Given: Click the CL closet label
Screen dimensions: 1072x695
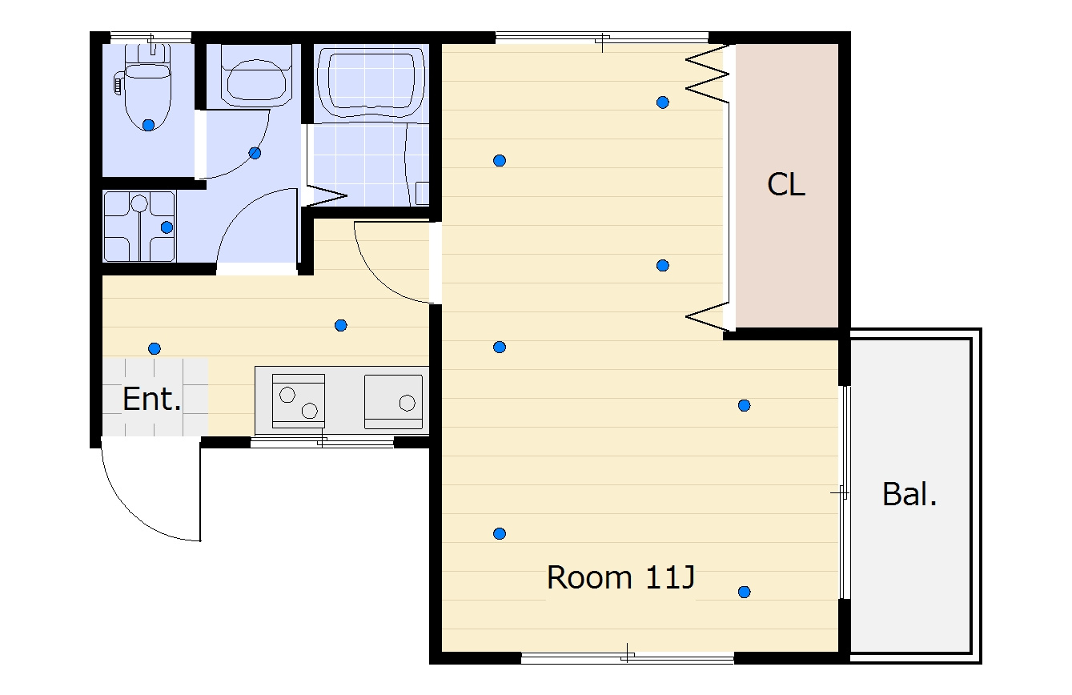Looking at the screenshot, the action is [786, 185].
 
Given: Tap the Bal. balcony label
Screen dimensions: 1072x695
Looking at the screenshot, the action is [909, 494].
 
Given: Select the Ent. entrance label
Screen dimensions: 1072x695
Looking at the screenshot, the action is [151, 399].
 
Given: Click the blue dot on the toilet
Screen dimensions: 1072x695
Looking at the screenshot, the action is [148, 126].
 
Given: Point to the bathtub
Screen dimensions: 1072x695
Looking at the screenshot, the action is [371, 82].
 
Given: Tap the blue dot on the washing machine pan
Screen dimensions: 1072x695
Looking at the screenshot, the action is [167, 227].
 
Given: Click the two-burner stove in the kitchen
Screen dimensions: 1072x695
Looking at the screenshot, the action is [298, 401].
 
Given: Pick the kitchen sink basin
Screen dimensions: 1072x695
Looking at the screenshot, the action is [393, 401].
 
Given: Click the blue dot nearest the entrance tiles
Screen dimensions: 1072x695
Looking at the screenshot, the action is [154, 348].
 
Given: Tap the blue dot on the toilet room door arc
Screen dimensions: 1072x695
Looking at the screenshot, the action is [255, 153].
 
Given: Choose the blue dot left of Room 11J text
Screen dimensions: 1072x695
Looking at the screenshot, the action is [499, 533].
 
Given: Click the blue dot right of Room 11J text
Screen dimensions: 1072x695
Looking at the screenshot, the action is [744, 592].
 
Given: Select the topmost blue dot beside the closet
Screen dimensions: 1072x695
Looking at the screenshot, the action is [662, 102].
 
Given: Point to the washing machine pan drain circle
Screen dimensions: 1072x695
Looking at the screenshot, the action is [139, 203].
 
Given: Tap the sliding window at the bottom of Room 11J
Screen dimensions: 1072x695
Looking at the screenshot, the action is [627, 657].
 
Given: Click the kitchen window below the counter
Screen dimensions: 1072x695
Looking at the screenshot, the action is [322, 442].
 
